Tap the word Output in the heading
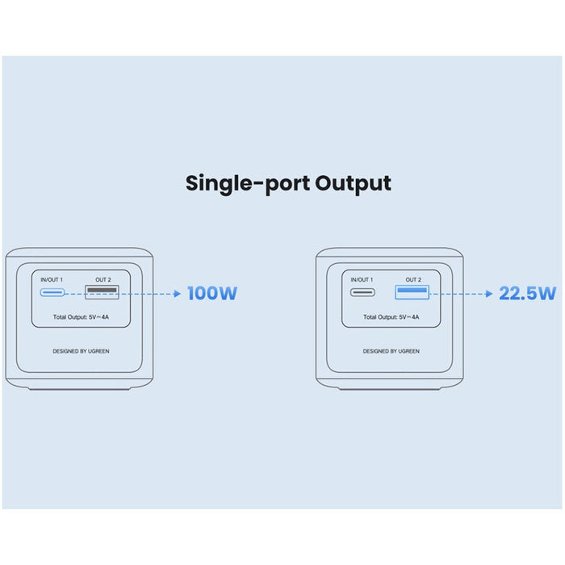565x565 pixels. click(354, 184)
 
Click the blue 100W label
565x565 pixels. click(212, 293)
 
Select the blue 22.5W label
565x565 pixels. click(528, 293)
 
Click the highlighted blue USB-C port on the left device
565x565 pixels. click(52, 292)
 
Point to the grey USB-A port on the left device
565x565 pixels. click(102, 292)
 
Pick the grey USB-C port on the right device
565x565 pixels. click(362, 292)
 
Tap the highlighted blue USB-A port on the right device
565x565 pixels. click(412, 292)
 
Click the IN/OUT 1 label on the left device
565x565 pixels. click(52, 279)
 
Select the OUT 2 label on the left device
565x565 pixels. click(103, 279)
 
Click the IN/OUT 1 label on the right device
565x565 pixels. click(362, 279)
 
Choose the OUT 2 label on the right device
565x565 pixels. click(413, 279)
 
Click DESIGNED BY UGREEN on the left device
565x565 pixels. click(81, 351)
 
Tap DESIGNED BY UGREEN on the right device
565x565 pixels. click(391, 351)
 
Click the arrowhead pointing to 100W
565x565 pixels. click(177, 294)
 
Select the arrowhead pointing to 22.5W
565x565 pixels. click(489, 294)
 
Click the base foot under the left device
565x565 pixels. click(79, 389)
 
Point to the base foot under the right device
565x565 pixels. click(390, 389)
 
